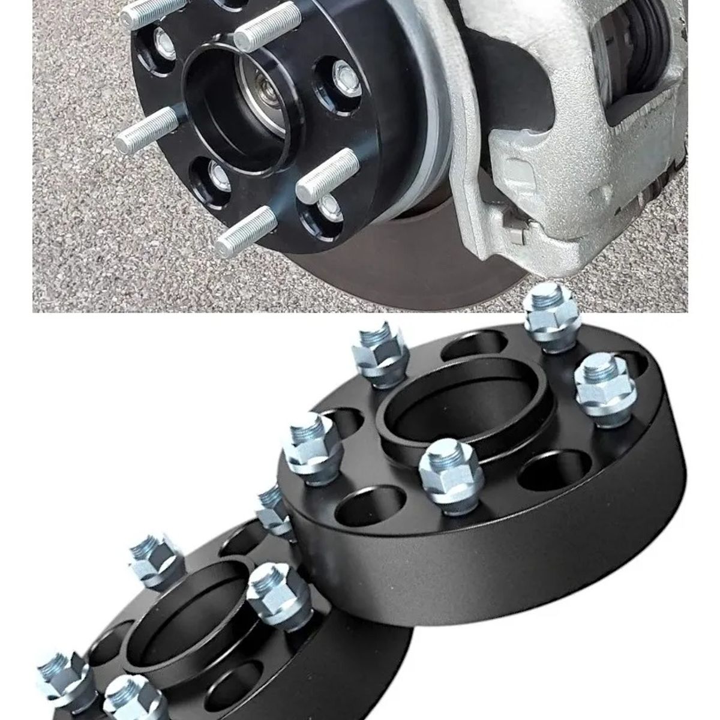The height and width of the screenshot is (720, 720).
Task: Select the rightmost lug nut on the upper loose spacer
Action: tap(597, 384)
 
